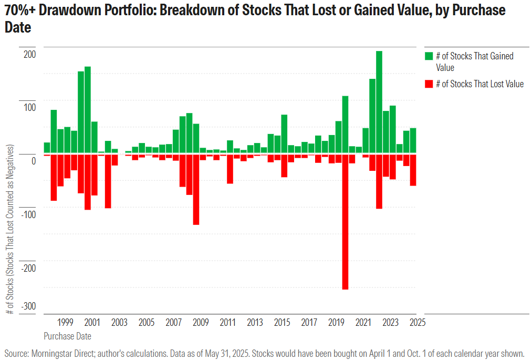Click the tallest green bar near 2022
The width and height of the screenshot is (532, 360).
[x=379, y=102]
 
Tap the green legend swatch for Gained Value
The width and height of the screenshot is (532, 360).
[x=429, y=56]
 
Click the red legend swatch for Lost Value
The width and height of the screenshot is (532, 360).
[x=429, y=84]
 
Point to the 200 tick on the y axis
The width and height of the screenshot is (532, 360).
[x=29, y=55]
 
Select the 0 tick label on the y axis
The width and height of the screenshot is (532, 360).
[x=33, y=161]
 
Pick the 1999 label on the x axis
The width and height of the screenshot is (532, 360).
[x=65, y=323]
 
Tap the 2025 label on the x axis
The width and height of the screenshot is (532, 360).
[x=418, y=323]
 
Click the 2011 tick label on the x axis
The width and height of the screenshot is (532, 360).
[x=228, y=323]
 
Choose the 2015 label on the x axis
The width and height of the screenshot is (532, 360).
[x=282, y=323]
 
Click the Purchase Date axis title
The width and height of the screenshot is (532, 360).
[x=67, y=336]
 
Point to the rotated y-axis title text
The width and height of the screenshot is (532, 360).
[x=11, y=231]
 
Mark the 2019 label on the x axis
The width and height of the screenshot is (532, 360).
[x=336, y=323]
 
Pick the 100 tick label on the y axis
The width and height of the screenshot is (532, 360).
[x=29, y=108]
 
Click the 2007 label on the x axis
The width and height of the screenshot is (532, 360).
[x=173, y=323]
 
